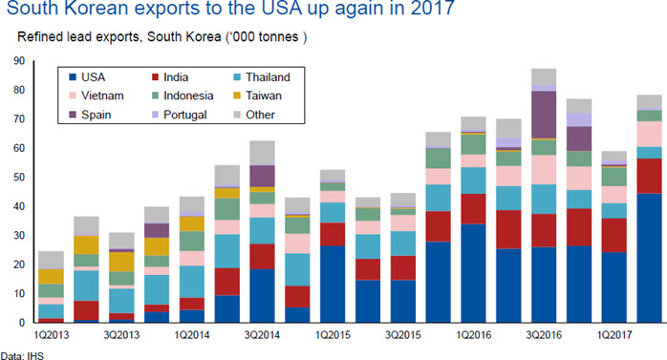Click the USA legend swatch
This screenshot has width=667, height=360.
(x=73, y=77)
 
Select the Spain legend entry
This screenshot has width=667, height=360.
(x=90, y=115)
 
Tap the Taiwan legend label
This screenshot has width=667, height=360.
(x=264, y=95)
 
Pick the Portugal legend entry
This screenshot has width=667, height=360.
(x=179, y=115)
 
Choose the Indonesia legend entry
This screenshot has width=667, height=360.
(x=183, y=95)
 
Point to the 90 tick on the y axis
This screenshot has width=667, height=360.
(x=19, y=61)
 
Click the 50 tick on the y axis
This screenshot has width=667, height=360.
(x=19, y=178)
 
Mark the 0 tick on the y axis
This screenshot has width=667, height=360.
(x=22, y=323)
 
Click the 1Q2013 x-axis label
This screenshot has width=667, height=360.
(x=51, y=335)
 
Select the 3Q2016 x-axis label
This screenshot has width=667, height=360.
(x=544, y=335)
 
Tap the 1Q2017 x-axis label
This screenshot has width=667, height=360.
(x=614, y=335)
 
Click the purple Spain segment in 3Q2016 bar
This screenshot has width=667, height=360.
(x=544, y=115)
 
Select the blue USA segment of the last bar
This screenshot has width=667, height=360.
(x=649, y=258)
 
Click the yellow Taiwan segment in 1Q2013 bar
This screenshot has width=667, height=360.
(x=51, y=277)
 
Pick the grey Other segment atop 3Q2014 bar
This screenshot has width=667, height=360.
(x=263, y=153)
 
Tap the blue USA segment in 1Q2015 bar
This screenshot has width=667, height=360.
(x=333, y=285)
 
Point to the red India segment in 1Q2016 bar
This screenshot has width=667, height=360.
(x=473, y=209)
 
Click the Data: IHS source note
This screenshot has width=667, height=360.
(x=22, y=355)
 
